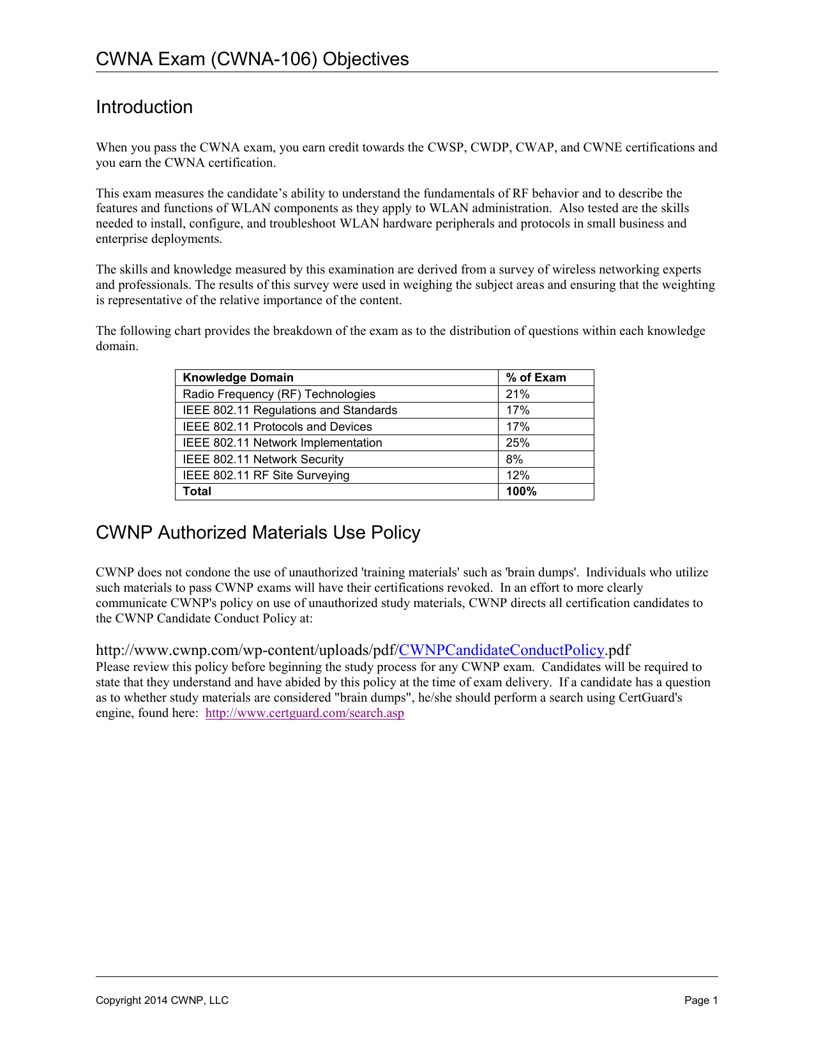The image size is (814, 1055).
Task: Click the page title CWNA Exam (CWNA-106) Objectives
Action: point(252,59)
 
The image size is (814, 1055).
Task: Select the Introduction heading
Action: point(144,107)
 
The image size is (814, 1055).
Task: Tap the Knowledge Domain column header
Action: point(238,378)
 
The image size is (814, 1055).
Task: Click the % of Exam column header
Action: point(536,378)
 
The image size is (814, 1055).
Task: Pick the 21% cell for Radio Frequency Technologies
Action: point(518,394)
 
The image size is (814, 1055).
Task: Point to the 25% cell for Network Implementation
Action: point(518,443)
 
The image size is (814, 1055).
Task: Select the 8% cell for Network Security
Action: point(515,459)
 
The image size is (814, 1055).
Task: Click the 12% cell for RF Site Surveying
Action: point(518,475)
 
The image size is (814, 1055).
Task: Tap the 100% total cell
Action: point(521,491)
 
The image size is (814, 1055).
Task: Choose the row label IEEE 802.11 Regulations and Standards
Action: point(290,410)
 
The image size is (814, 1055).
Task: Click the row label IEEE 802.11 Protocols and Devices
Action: point(277,427)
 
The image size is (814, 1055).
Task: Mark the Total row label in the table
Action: point(197,491)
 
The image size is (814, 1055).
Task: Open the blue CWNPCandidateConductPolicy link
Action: point(501,650)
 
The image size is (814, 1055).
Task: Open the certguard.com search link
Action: point(305,713)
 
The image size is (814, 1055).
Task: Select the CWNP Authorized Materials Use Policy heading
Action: point(258,532)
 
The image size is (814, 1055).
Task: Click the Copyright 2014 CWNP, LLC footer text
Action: point(162,1001)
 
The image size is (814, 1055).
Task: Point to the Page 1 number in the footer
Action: point(701,1001)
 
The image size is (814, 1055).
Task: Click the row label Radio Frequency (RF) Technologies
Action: point(279,394)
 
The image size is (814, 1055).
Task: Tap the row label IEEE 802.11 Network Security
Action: point(263,459)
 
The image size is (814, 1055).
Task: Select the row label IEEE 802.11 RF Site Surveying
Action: point(266,475)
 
